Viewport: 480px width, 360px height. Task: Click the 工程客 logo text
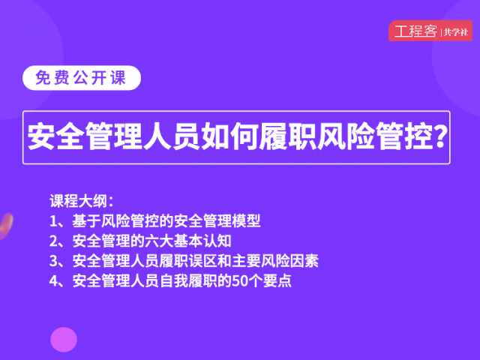tap(415, 31)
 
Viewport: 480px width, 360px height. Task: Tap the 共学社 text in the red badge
tap(456, 31)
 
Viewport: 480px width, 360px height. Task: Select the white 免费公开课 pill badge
tap(82, 78)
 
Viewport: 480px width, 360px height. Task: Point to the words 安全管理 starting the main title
tap(85, 136)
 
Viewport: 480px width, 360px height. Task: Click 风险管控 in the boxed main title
tap(375, 136)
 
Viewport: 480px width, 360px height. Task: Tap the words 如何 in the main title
tap(230, 136)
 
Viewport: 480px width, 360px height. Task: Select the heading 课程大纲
tap(78, 201)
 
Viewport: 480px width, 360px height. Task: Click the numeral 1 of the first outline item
tap(53, 221)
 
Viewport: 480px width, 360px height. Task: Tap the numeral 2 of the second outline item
tap(54, 241)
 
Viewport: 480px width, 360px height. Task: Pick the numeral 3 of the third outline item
tap(54, 261)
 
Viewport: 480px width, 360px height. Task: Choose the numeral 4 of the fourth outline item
tap(54, 281)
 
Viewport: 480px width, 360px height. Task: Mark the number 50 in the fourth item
tap(240, 281)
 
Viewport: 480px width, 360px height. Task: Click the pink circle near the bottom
tap(64, 340)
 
